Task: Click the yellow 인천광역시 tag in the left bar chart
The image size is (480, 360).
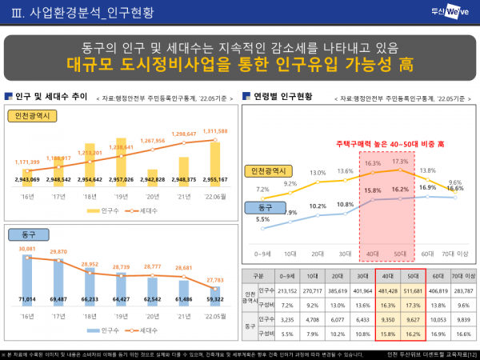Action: click(31, 116)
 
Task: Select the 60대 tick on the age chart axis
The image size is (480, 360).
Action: click(428, 254)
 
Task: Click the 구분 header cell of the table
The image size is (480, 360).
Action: click(258, 276)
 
